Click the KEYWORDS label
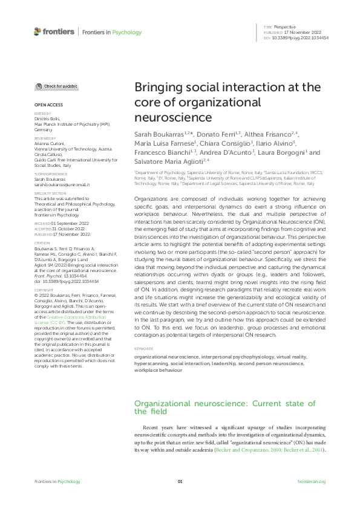[x=144, y=349]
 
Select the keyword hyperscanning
[x=151, y=365]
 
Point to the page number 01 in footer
[x=180, y=481]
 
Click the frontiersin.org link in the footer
[x=312, y=481]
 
